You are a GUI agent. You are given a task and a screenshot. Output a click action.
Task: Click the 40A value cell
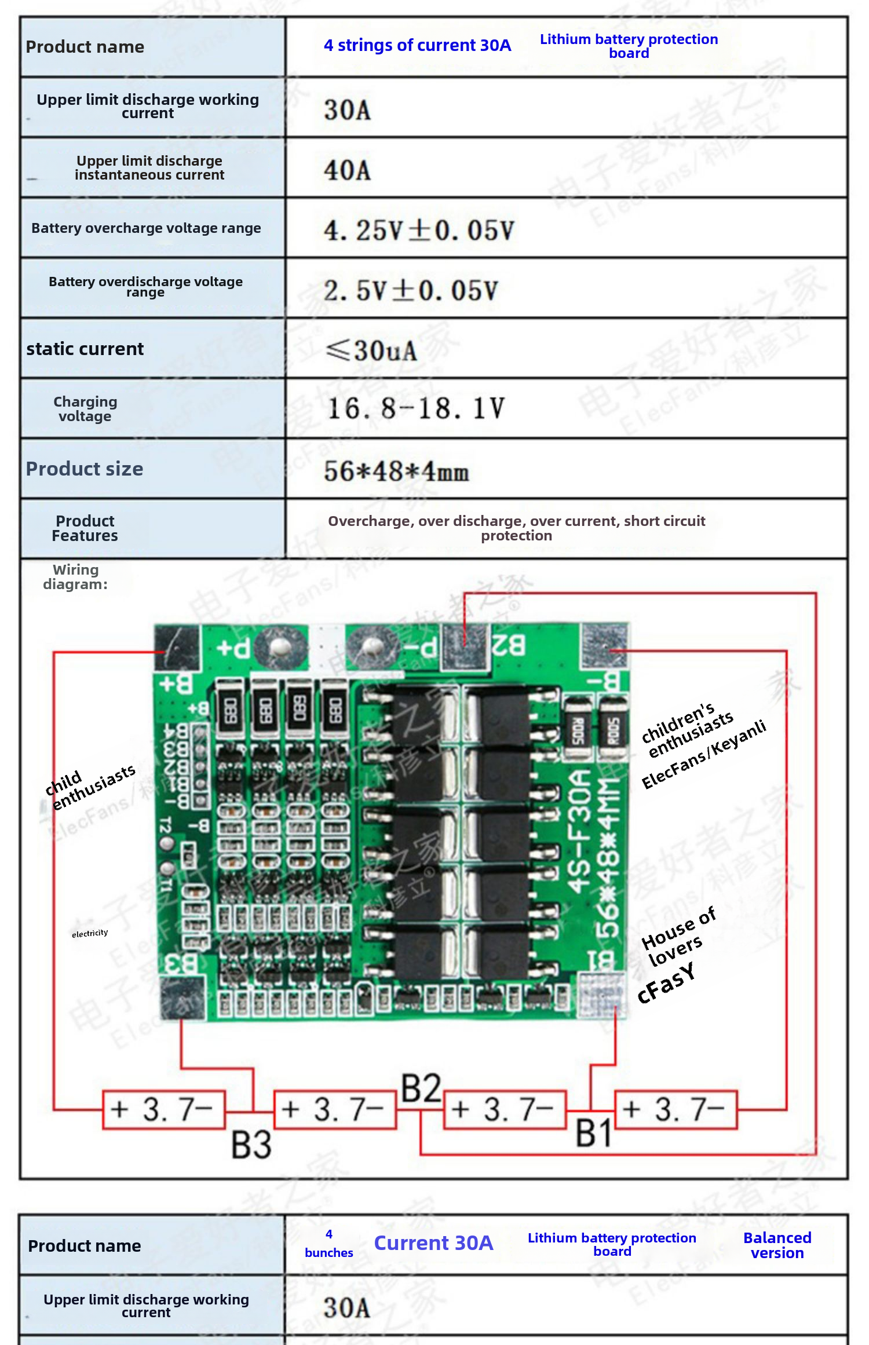pos(347,170)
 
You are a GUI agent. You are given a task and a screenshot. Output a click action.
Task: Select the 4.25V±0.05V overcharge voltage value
pos(419,231)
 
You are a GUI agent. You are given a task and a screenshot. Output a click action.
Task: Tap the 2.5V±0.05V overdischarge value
pos(411,290)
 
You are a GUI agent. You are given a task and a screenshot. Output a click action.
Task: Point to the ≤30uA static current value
pos(371,350)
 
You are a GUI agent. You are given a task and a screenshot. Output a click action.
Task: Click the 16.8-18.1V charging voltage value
pos(415,409)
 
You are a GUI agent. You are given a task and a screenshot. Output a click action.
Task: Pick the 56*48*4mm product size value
pos(396,471)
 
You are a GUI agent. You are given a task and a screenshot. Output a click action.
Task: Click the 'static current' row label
pos(85,349)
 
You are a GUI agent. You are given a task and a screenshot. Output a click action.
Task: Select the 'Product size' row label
pos(85,469)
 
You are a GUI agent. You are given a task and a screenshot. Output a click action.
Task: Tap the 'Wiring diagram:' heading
pos(75,577)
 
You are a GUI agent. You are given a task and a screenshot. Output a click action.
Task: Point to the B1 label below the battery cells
pos(594,1134)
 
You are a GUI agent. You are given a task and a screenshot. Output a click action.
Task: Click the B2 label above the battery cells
pos(422,1088)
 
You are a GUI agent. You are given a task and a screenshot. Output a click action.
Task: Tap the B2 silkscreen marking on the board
pos(509,645)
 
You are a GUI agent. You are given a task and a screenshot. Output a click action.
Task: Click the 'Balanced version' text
pos(777,1245)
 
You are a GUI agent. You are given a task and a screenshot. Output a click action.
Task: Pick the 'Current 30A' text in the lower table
pos(433,1243)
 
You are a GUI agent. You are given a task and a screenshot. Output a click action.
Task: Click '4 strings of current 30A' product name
pos(417,45)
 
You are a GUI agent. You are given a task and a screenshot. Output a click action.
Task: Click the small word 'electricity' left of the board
pos(90,933)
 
